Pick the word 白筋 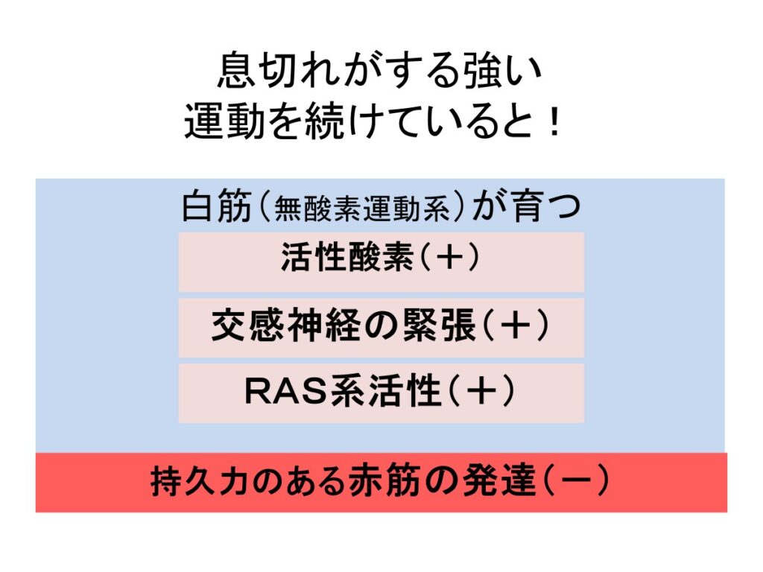click(216, 206)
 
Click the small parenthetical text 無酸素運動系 click(362, 209)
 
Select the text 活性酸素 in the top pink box click(347, 257)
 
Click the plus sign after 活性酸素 click(449, 257)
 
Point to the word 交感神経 click(286, 325)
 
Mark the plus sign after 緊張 click(516, 325)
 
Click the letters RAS click(287, 391)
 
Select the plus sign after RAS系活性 click(481, 391)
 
